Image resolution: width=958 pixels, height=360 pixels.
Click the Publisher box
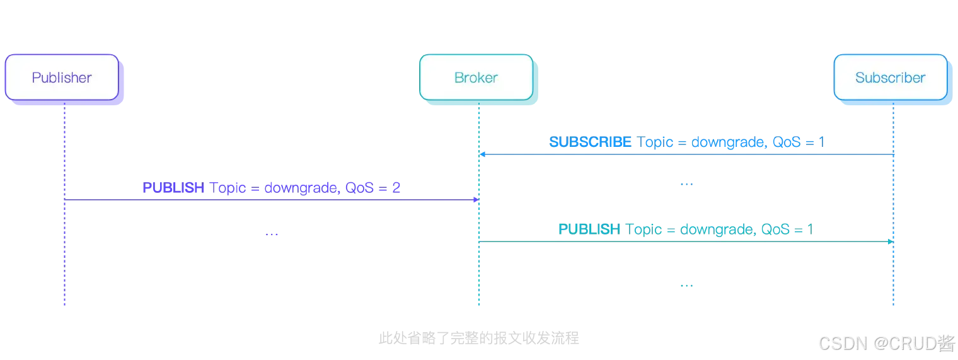tap(62, 78)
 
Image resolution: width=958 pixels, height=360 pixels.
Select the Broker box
tap(476, 78)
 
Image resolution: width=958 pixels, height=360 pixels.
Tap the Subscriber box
tap(890, 78)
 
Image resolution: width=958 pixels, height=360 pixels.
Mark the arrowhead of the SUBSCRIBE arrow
tap(483, 154)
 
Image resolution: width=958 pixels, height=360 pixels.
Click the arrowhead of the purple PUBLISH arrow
tap(475, 200)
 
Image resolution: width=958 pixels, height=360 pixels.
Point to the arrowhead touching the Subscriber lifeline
tap(891, 240)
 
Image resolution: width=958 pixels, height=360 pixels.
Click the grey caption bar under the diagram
tap(478, 338)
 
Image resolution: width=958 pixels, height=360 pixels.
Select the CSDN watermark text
tap(886, 342)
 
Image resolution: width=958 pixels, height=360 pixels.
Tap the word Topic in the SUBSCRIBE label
tap(659, 143)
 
